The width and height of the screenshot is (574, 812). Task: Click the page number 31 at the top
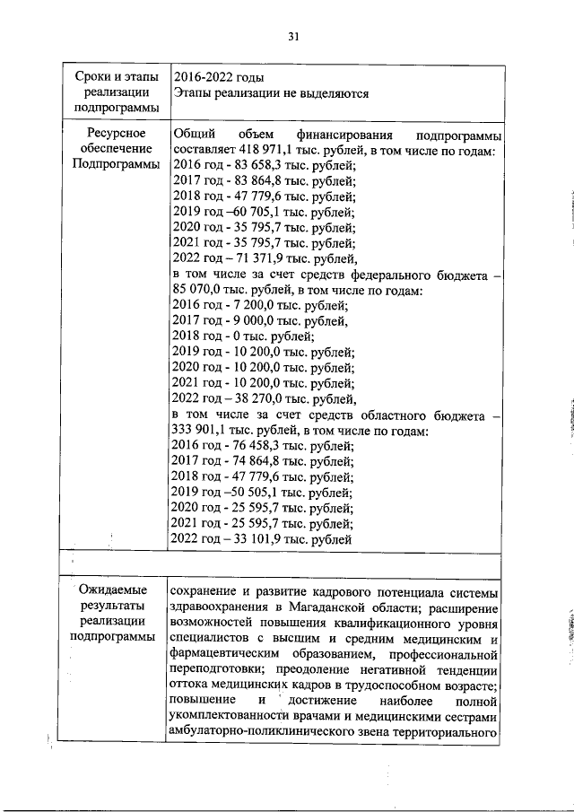292,37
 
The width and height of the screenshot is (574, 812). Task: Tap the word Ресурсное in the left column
112,132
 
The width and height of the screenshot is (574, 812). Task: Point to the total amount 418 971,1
266,149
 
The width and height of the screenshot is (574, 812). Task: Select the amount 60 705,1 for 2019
253,214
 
